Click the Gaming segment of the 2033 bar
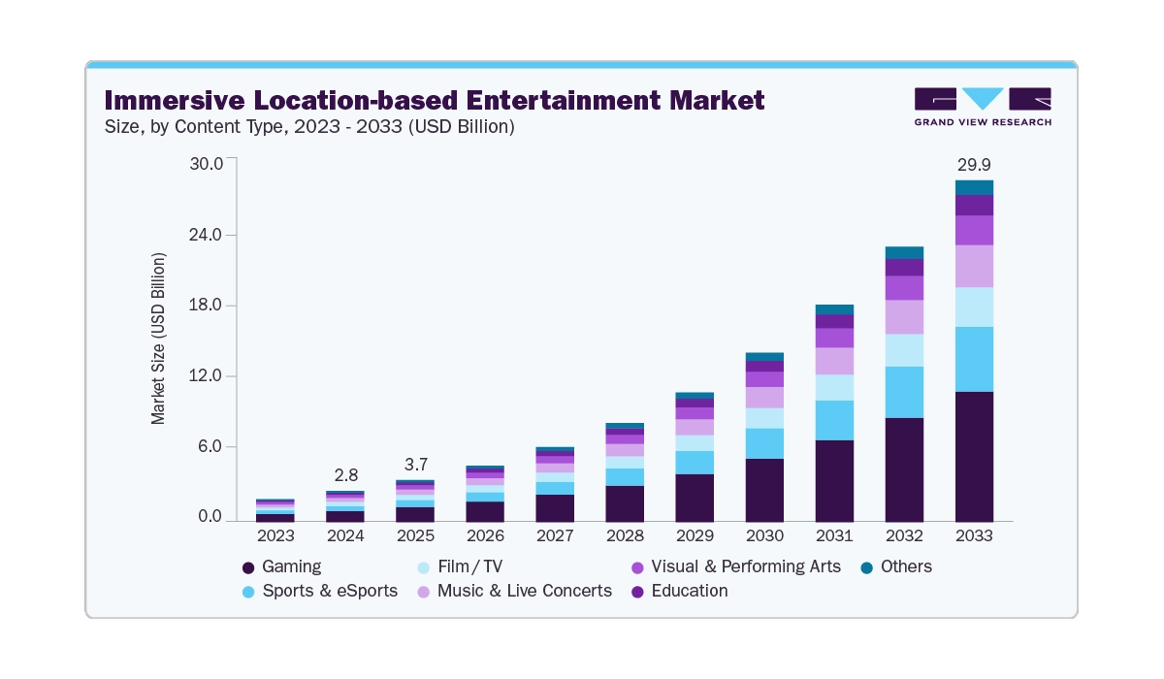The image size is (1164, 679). (974, 456)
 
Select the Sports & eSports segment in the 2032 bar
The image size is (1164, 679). (904, 392)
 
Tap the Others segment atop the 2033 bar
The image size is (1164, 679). (974, 187)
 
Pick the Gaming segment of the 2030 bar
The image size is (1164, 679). (764, 490)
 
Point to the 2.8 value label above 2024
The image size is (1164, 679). (346, 475)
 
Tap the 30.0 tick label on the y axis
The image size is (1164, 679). (206, 163)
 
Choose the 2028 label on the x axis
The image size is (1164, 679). (625, 535)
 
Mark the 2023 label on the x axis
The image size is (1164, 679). (275, 535)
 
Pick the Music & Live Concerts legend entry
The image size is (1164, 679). (524, 591)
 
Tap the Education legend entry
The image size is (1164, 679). (689, 591)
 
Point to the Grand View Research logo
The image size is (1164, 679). (982, 106)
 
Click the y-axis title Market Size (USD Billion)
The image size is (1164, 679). (158, 339)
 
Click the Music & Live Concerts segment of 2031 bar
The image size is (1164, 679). (834, 361)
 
